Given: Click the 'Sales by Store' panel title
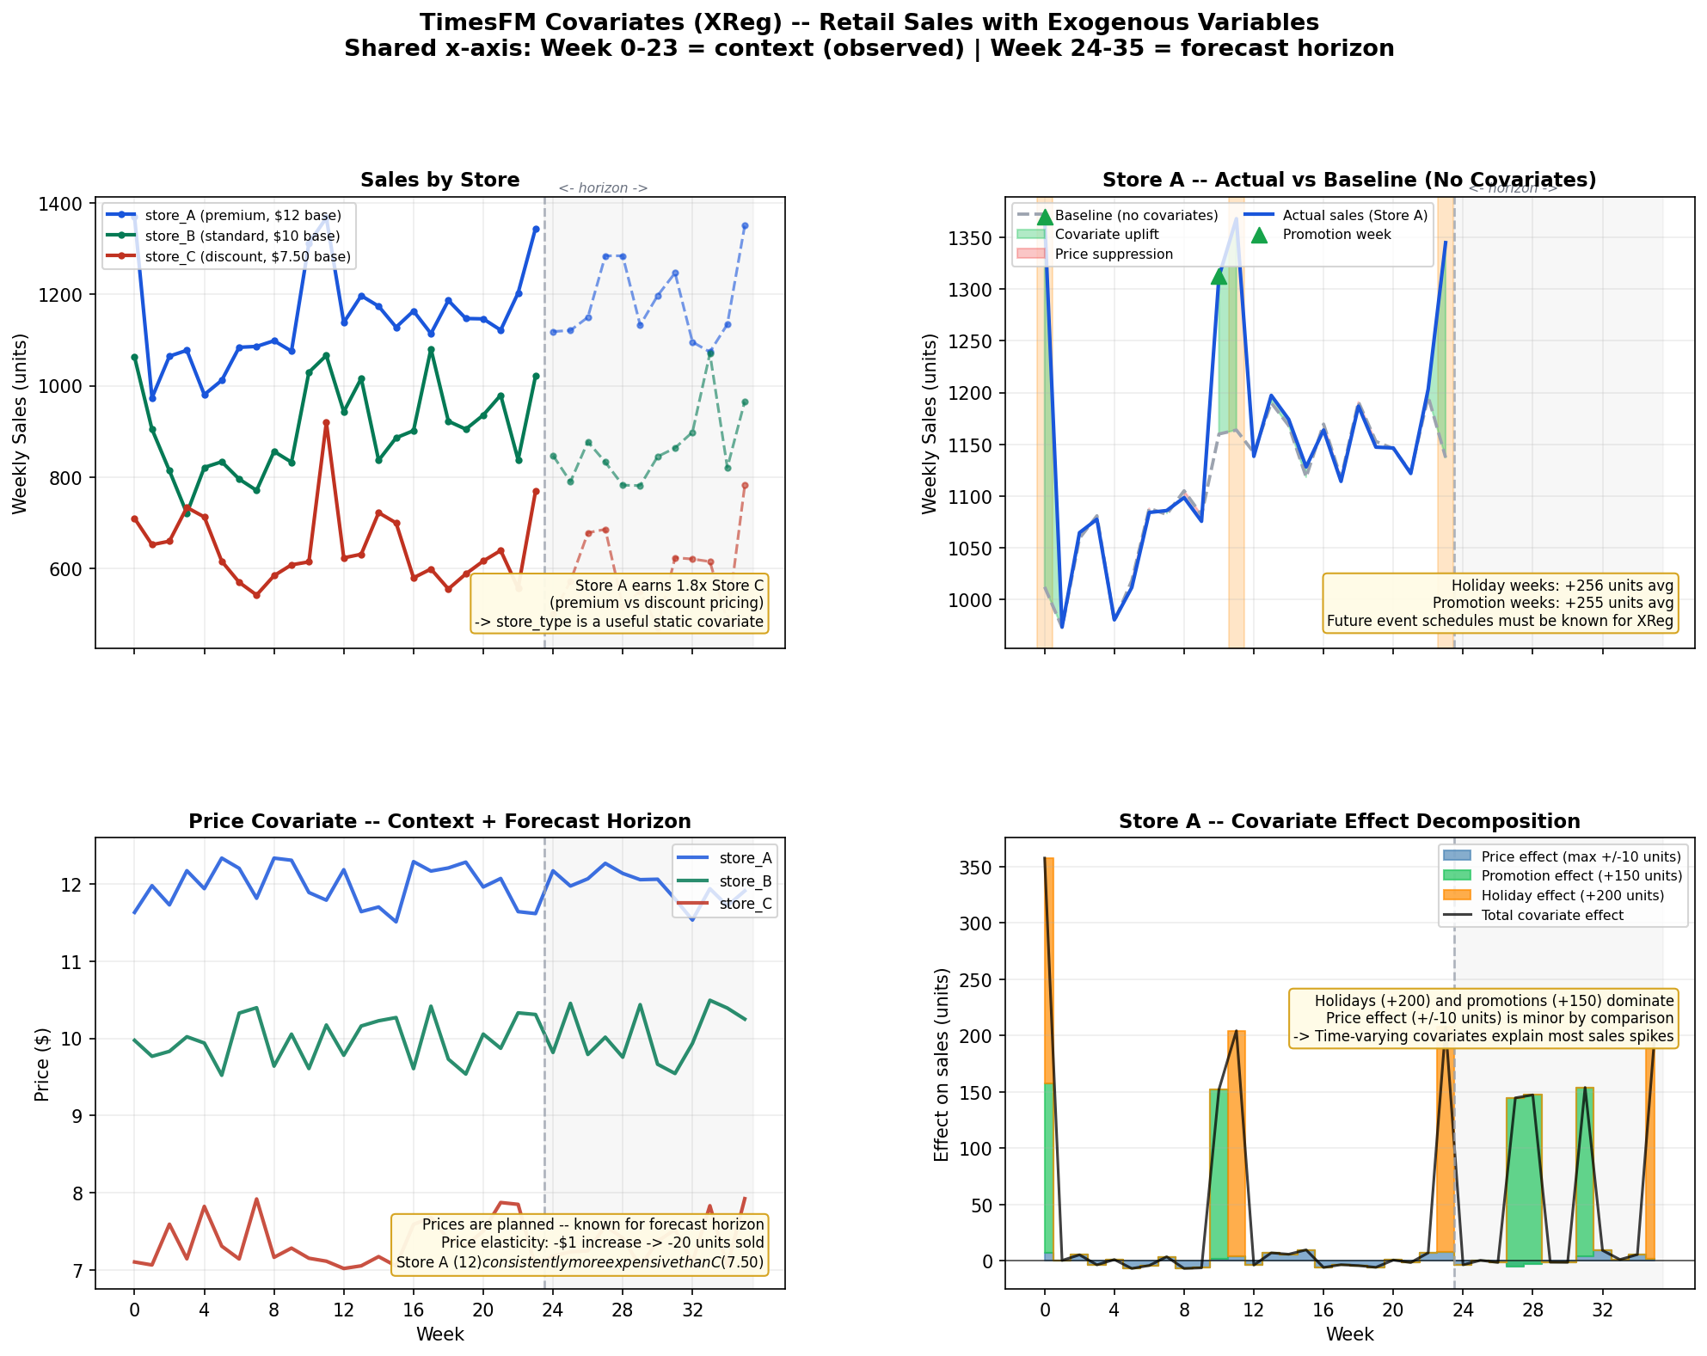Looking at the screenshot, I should [439, 180].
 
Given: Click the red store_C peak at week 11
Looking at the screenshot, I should [326, 423].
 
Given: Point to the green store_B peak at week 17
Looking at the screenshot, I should [431, 350].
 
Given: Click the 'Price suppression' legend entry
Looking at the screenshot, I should [1114, 254].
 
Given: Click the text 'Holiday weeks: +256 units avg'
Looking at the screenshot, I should [1563, 586].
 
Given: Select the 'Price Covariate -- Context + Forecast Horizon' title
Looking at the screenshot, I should [439, 821].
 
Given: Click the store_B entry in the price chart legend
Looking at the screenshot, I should [745, 881].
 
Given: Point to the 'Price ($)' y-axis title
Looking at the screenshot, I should [41, 1065].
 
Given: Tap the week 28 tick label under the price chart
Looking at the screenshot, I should [623, 1310].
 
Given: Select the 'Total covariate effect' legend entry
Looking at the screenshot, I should [1552, 915].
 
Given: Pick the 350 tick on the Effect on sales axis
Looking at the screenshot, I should [976, 867].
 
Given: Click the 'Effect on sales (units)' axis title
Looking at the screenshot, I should [942, 1065].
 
